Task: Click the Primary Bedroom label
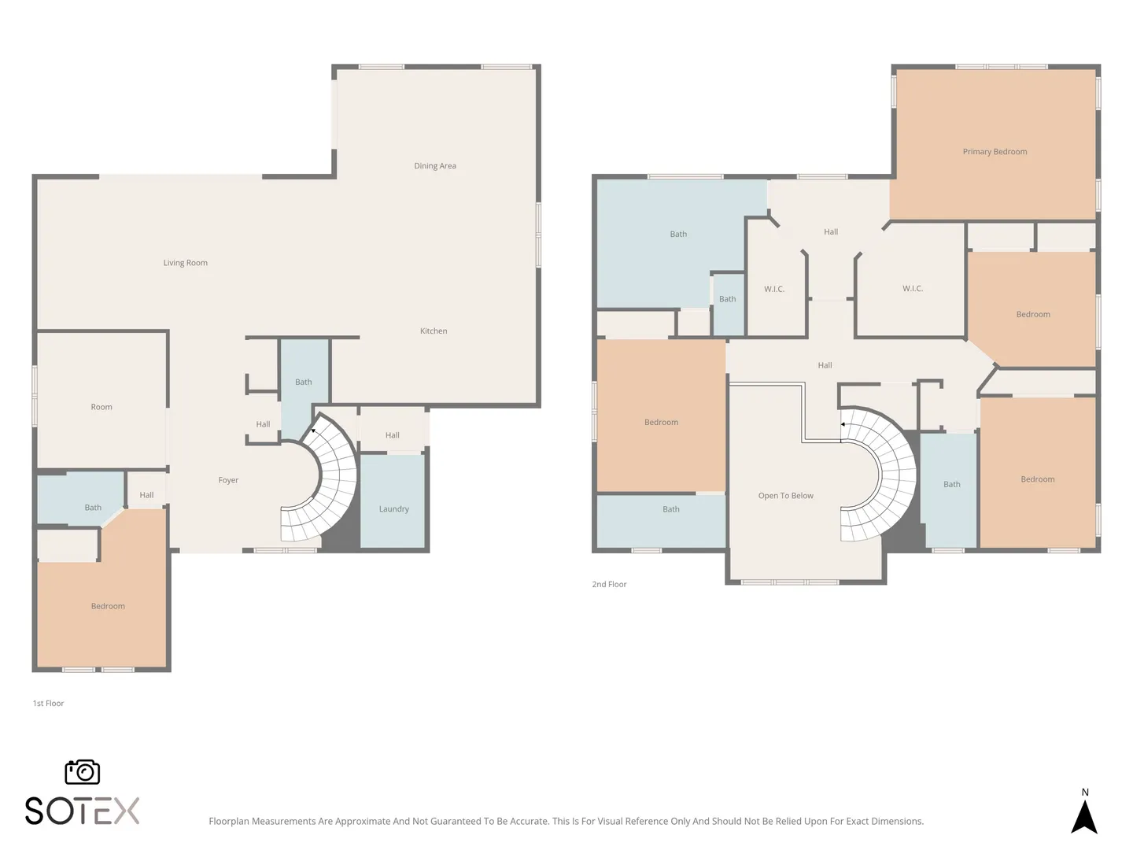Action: tap(995, 152)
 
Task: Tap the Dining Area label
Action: tap(434, 165)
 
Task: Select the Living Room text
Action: tap(186, 263)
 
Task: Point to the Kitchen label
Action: tap(434, 331)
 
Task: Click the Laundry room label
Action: tap(394, 509)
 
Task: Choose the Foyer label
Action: tap(228, 480)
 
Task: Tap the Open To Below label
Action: tap(785, 496)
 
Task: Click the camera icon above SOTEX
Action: tap(83, 772)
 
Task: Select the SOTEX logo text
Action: tap(82, 811)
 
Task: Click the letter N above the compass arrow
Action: tap(1085, 793)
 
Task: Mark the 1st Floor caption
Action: tap(48, 703)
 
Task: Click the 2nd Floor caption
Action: tap(609, 584)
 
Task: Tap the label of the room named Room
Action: tap(101, 407)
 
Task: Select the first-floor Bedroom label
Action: tap(108, 606)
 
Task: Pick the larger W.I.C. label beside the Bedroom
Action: tap(913, 289)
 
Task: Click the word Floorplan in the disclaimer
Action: tap(229, 821)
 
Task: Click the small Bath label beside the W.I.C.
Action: tap(727, 299)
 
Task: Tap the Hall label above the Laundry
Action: tap(393, 435)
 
